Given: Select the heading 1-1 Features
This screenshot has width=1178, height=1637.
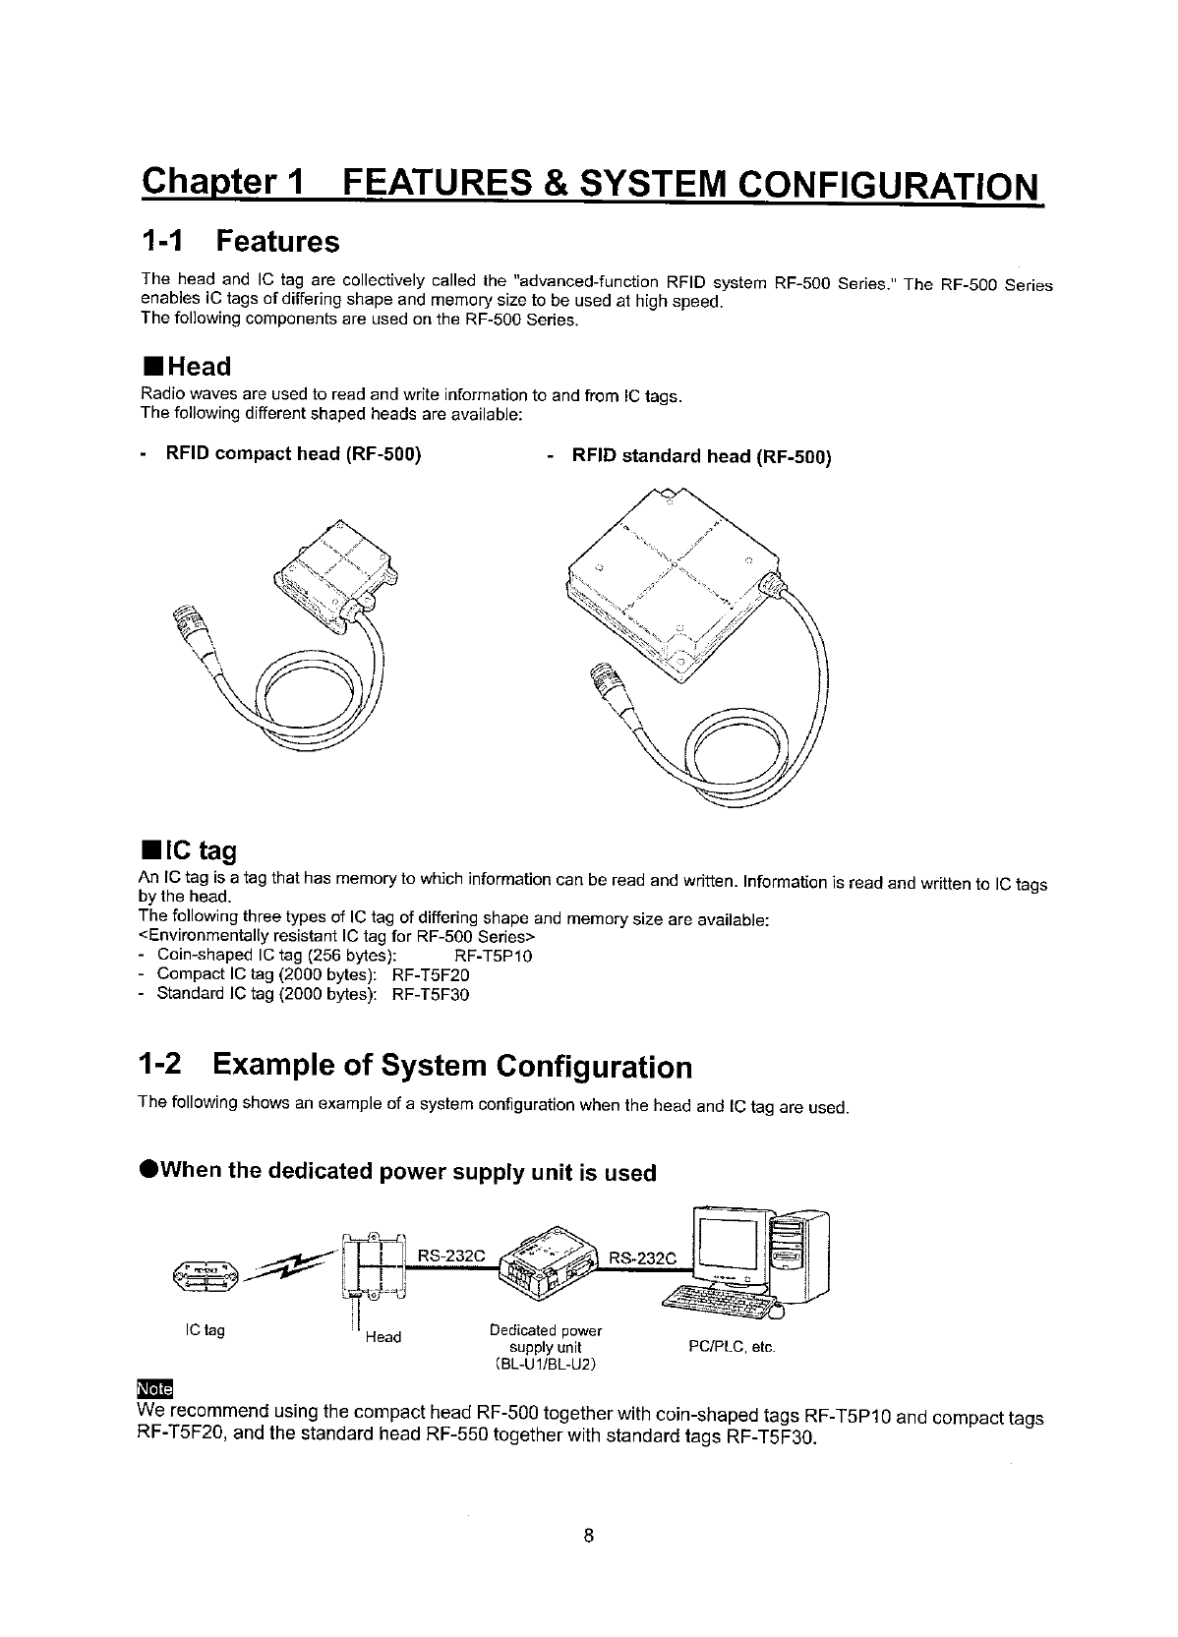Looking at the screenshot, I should [x=240, y=241].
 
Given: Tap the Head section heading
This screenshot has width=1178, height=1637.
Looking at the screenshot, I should [x=186, y=367].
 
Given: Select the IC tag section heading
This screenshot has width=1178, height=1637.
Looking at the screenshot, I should [x=189, y=849].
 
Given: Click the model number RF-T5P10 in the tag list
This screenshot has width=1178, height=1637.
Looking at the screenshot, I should [x=494, y=956].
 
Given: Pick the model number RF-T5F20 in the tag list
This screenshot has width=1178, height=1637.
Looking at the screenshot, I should [x=431, y=975].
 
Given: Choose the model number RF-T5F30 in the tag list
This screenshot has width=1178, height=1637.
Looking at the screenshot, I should [x=431, y=995].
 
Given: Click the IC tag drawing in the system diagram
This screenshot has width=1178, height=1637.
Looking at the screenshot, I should [x=205, y=1273].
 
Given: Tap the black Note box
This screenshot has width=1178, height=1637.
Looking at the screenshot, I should [x=154, y=1388].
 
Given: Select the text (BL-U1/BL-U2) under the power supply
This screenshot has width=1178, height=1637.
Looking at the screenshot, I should [x=545, y=1364].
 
